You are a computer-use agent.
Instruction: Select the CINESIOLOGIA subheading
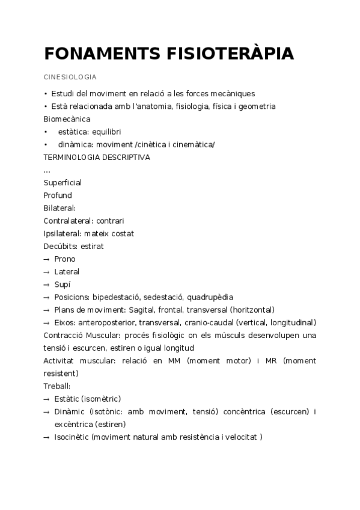[x=70, y=78]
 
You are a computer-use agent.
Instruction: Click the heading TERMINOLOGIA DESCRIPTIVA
[x=97, y=158]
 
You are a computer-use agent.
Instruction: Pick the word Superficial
[x=63, y=183]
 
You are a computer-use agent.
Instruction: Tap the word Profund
[x=58, y=195]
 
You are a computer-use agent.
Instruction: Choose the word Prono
[x=65, y=259]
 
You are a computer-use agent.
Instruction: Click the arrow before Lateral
[x=46, y=272]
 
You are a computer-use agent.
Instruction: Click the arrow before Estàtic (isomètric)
[x=46, y=399]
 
